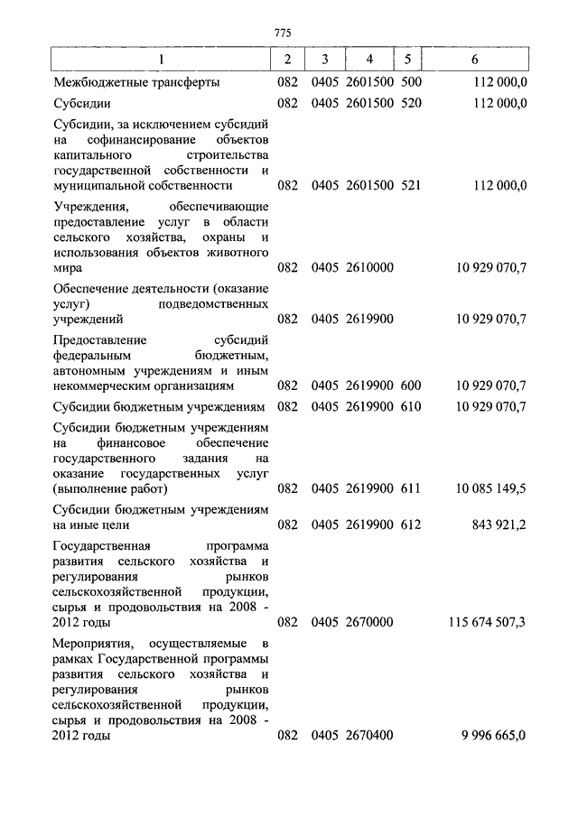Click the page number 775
tap(283, 34)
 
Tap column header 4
tap(368, 60)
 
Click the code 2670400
tap(368, 736)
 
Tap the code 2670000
tap(368, 622)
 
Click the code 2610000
tap(368, 268)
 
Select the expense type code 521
tap(410, 186)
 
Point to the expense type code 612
tap(410, 524)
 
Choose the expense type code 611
tap(410, 488)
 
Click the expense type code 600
tap(410, 385)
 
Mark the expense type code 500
tap(410, 82)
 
